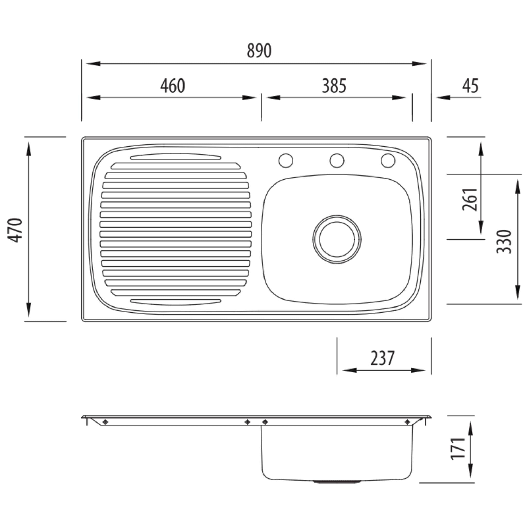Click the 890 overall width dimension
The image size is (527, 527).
[x=259, y=51]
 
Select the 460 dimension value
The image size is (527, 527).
[x=172, y=86]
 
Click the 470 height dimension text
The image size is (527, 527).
[x=15, y=230]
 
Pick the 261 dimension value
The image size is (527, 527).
[x=469, y=199]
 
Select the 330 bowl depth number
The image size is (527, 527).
[x=504, y=242]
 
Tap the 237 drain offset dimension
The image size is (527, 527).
[x=382, y=358]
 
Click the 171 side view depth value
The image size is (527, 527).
[x=458, y=449]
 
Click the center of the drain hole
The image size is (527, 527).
[x=337, y=239]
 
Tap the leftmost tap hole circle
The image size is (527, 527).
[x=286, y=160]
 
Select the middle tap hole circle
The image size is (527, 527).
[x=337, y=160]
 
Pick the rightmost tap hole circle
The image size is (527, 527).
[x=388, y=160]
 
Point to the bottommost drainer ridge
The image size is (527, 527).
[x=176, y=301]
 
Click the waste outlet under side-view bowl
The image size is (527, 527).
[x=337, y=482]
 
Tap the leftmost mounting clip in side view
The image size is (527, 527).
[x=105, y=422]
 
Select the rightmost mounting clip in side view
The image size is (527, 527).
[x=407, y=422]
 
